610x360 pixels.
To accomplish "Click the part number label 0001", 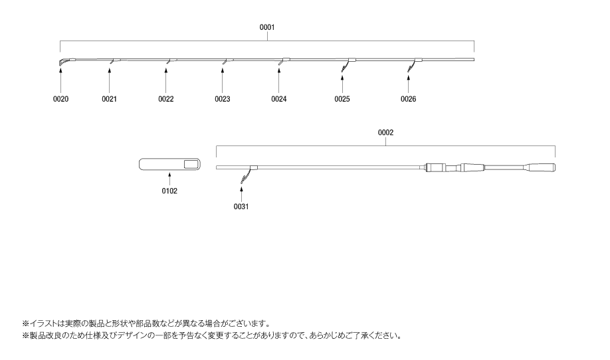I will (267, 28).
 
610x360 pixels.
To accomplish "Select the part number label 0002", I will (385, 132).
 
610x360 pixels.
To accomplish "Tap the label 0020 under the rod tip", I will (61, 99).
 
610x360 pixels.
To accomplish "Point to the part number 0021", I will (110, 99).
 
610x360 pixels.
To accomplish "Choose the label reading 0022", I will (166, 99).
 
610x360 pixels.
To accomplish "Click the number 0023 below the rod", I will (222, 99).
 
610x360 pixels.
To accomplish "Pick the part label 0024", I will (279, 99).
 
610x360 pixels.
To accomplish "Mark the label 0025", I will (342, 99).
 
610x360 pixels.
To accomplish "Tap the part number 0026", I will (409, 99).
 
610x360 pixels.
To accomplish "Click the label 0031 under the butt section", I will (241, 207).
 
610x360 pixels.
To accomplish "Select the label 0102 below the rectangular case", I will (169, 191).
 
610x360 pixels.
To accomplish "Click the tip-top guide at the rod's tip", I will (61, 62).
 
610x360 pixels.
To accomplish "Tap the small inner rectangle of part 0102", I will (192, 163).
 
